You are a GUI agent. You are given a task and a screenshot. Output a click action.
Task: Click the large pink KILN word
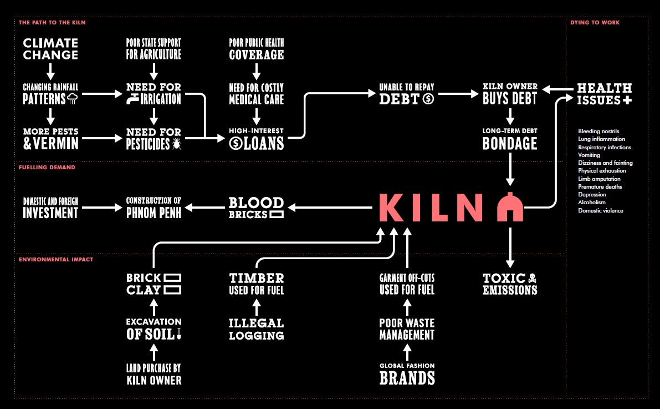tap(431, 208)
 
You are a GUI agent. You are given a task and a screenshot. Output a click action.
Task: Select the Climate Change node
tap(50, 49)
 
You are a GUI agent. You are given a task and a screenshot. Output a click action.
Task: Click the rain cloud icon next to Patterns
tap(73, 99)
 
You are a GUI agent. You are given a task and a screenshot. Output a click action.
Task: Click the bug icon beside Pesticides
tap(177, 144)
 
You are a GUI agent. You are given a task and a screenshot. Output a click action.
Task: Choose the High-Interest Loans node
tap(257, 138)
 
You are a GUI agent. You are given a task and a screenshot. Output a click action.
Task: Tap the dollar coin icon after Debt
tap(428, 99)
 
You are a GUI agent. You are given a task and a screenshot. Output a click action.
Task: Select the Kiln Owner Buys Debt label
tap(510, 93)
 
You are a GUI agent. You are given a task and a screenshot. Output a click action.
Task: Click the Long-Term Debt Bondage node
tap(510, 139)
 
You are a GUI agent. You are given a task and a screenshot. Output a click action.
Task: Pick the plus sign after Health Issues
tap(627, 100)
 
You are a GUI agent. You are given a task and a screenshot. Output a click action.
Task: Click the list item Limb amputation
tap(599, 179)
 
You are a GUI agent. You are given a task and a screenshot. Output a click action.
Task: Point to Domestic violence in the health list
tap(600, 211)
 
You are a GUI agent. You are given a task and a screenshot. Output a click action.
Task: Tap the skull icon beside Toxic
tap(533, 278)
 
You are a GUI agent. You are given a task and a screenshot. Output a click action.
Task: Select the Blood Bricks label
tap(256, 208)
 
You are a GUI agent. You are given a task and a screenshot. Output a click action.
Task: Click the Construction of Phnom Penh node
tap(154, 207)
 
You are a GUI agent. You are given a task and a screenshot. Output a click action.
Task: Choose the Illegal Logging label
tap(257, 329)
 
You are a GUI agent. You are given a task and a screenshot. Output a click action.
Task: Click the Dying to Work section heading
tap(595, 23)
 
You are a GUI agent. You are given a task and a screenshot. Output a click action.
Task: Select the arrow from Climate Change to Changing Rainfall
tap(50, 70)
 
